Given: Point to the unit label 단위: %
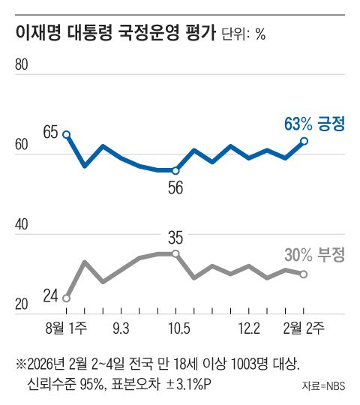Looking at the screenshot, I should tap(244, 35).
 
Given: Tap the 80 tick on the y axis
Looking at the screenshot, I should tap(22, 65).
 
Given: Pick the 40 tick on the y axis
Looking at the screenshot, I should tap(22, 224).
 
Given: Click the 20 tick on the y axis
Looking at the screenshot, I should tap(22, 304).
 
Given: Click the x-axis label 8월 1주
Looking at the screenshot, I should tap(66, 328).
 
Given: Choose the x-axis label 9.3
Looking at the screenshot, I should tap(120, 328).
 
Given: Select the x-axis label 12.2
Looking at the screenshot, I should tap(248, 328).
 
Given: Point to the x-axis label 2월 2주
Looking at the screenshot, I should tap(303, 328).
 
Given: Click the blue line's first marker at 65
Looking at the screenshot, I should tap(67, 134).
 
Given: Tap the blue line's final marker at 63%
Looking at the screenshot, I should tap(304, 140).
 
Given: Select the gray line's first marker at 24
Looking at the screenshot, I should tap(67, 298).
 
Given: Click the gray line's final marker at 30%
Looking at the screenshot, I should tap(304, 274).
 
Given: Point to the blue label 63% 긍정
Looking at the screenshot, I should tap(314, 122).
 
